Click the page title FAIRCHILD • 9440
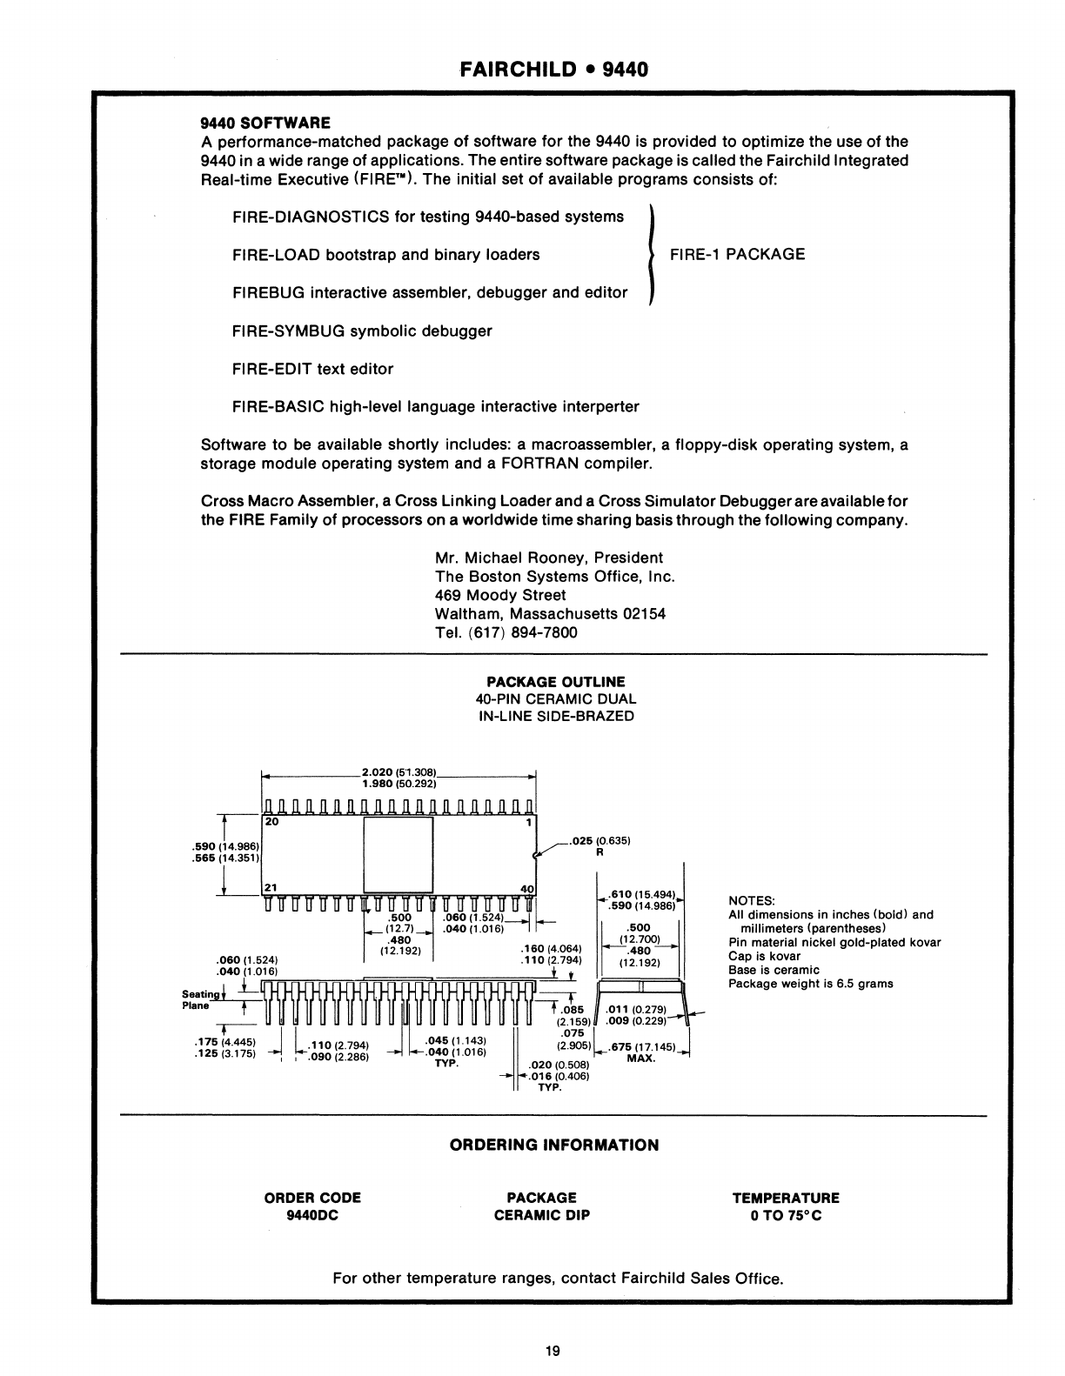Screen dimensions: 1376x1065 click(x=554, y=69)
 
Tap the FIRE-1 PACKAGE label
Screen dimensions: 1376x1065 click(x=736, y=254)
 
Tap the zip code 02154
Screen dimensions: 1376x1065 click(x=646, y=613)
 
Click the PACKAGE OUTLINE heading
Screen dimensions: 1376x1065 click(x=555, y=682)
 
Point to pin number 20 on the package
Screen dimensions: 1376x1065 click(x=271, y=820)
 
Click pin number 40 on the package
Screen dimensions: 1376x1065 click(x=526, y=888)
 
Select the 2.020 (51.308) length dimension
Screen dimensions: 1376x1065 click(x=398, y=771)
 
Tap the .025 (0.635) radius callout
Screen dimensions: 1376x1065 click(x=599, y=841)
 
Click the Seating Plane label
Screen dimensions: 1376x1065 click(x=197, y=999)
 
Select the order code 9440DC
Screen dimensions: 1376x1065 click(x=311, y=1216)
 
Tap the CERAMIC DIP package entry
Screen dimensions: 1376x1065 click(x=541, y=1216)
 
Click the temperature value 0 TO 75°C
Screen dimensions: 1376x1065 click(x=786, y=1216)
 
